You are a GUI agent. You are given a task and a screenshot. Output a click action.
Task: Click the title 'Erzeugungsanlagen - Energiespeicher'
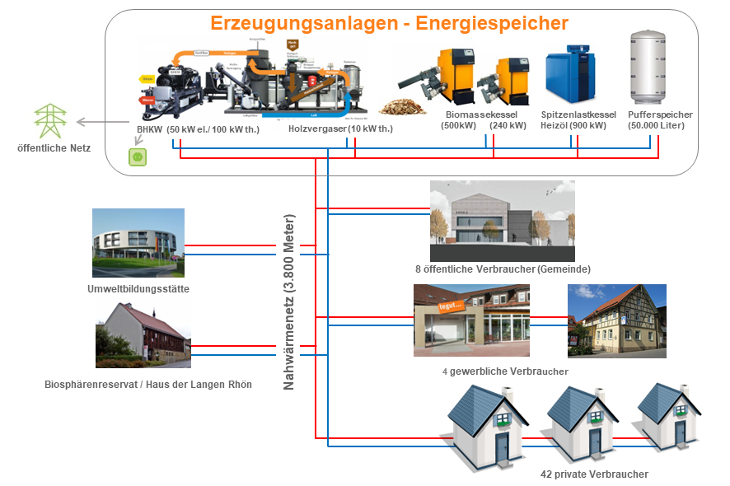point(389,23)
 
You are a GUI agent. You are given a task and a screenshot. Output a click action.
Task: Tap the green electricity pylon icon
point(49,120)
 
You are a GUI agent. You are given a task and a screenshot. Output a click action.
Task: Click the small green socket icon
point(137,156)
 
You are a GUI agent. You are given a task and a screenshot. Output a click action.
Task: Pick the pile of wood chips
point(402,107)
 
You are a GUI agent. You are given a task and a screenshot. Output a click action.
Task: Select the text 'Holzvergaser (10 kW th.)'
point(340,129)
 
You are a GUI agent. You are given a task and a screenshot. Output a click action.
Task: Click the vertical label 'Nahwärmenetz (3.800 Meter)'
point(289,303)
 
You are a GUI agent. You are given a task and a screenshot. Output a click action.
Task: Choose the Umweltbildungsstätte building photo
point(138,243)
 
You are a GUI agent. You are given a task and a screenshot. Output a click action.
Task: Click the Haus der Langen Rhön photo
point(143,334)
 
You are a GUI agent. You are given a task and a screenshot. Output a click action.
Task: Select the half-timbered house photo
point(617,320)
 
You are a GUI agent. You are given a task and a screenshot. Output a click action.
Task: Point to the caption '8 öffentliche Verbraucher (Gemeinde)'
point(503,269)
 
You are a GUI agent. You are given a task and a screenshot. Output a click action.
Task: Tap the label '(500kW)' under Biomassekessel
point(459,126)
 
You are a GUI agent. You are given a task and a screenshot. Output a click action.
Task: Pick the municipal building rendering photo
point(502,220)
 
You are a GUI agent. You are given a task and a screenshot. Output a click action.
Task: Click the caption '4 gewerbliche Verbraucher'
point(505,372)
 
